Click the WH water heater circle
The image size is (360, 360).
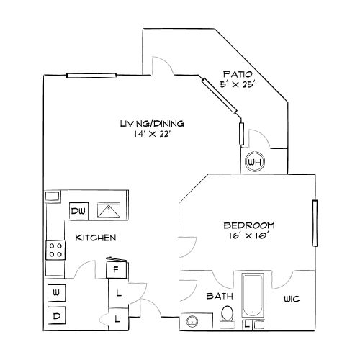tap(254, 163)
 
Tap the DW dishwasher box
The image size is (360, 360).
tap(78, 211)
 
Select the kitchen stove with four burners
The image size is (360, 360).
tap(55, 251)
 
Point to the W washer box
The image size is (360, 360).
tap(55, 292)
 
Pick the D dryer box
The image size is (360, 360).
tap(55, 315)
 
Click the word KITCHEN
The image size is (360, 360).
tap(96, 238)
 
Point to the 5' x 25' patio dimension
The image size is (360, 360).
tap(239, 84)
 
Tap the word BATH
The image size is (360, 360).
tap(218, 296)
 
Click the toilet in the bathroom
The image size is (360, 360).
tap(228, 314)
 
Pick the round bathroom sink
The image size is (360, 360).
tap(193, 321)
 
